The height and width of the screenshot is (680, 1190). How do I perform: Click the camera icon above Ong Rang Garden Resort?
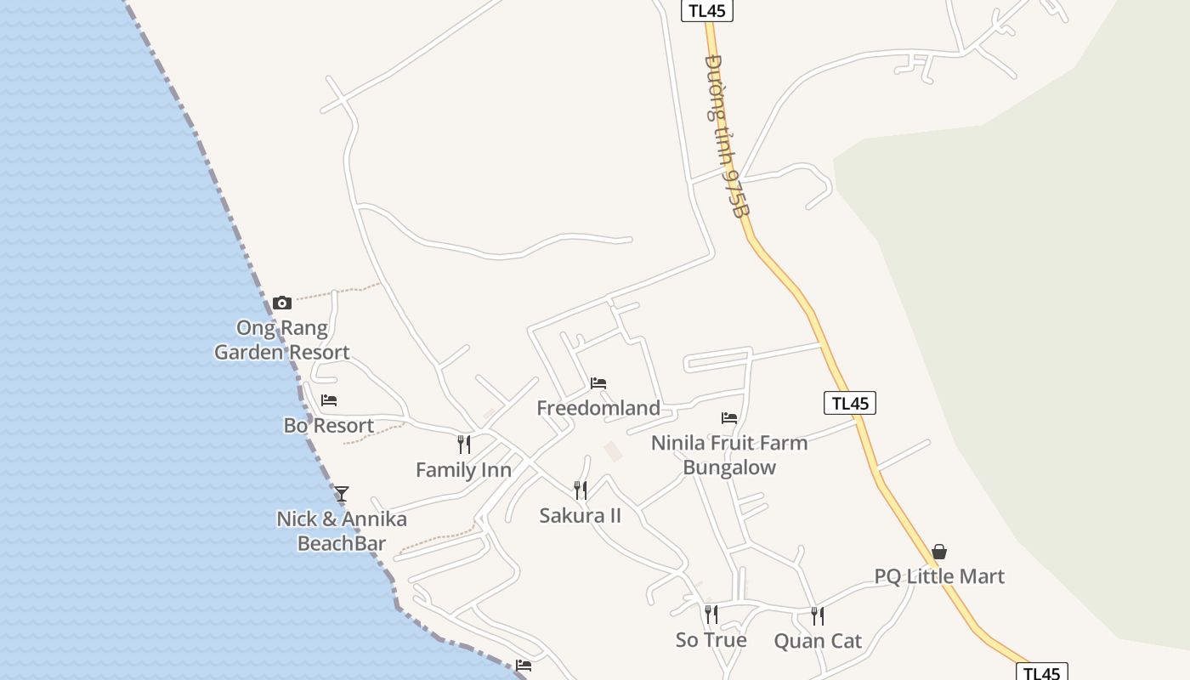coord(282,303)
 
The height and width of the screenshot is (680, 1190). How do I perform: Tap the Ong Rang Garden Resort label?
coord(281,340)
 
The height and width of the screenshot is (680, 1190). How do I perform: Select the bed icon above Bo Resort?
coord(329,400)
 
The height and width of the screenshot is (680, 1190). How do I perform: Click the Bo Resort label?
coord(329,426)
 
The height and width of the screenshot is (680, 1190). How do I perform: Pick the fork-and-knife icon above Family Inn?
coord(464,445)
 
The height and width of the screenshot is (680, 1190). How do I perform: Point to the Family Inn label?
coord(463,470)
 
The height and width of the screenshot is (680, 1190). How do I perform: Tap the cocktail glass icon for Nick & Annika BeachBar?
coord(342,493)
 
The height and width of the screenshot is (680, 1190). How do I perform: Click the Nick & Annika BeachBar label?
coord(342,531)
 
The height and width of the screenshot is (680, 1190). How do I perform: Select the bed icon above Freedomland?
coord(598,383)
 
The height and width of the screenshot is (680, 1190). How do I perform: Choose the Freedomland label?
coord(598,408)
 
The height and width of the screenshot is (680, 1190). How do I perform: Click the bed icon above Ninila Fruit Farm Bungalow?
coord(729,417)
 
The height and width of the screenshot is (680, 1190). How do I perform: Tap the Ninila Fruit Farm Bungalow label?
coord(729,455)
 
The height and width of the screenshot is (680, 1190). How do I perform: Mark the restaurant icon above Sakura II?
coord(581,490)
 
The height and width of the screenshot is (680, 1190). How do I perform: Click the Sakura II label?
coord(581,515)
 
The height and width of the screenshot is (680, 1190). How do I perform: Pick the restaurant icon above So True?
coord(711,614)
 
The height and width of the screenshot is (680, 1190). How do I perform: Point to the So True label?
coord(711,640)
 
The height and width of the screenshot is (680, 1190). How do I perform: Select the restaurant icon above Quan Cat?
coord(818,615)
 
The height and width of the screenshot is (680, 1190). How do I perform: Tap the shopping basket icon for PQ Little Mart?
coord(939,552)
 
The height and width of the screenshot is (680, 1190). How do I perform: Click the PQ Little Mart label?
coord(939,576)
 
